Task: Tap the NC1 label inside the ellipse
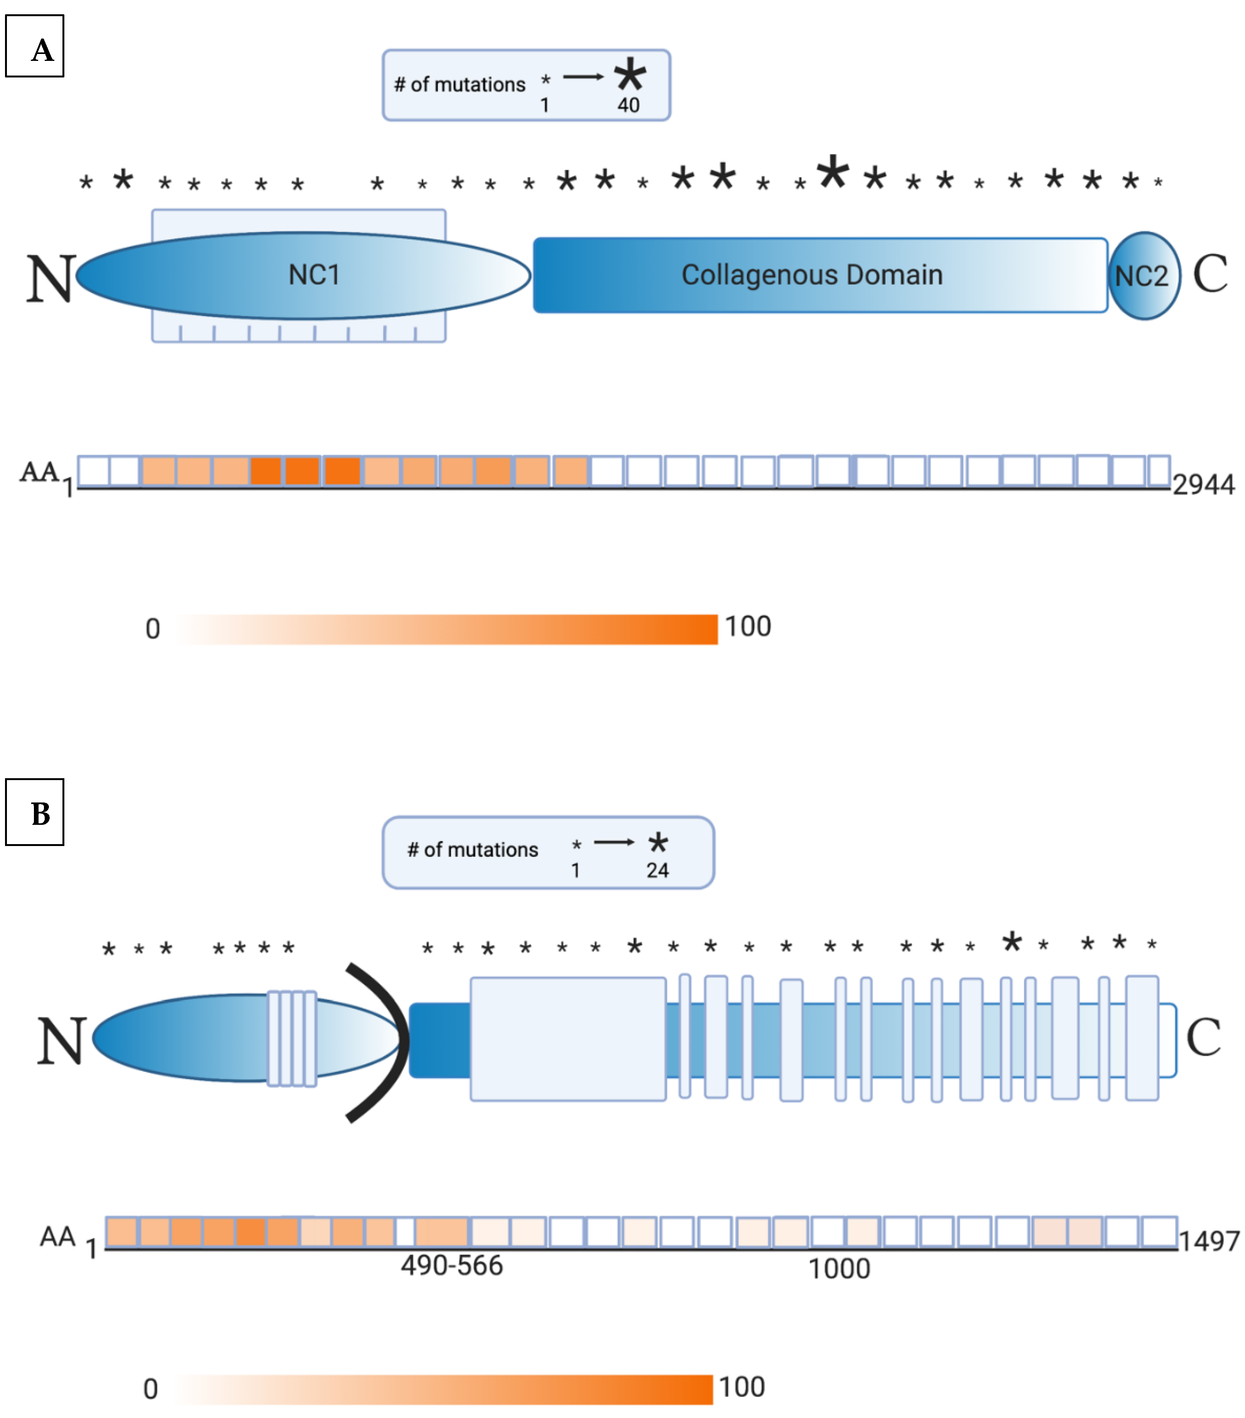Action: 313,275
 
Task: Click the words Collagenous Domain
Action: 811,275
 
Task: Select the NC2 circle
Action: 1143,276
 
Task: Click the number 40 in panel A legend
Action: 628,106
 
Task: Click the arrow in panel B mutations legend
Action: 614,842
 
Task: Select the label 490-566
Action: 451,1265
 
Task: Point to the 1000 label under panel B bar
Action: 839,1269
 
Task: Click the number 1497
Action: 1208,1241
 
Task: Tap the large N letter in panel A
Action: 50,279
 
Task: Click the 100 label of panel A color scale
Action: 748,626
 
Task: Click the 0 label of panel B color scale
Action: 150,1389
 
